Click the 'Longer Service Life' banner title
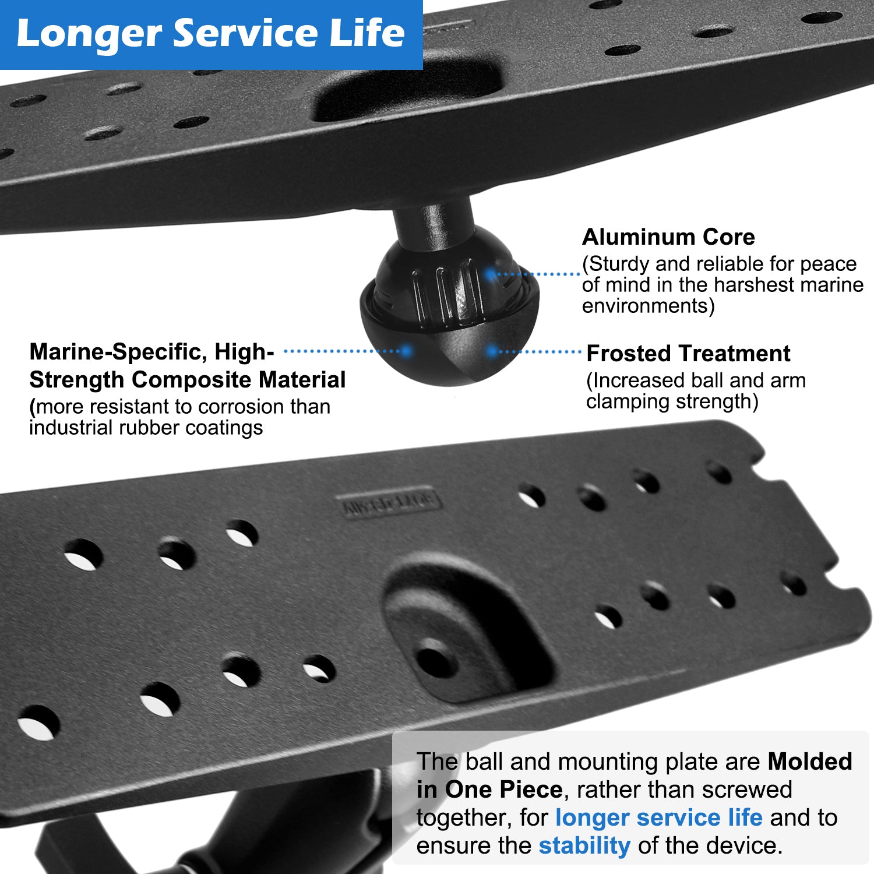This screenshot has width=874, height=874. pyautogui.click(x=210, y=33)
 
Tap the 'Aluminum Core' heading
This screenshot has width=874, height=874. pyautogui.click(x=668, y=237)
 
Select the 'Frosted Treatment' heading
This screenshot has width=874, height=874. pyautogui.click(x=688, y=354)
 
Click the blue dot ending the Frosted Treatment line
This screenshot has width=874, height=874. pyautogui.click(x=492, y=351)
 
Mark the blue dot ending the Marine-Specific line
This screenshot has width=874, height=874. pyautogui.click(x=406, y=351)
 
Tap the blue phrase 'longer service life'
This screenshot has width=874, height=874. pyautogui.click(x=658, y=817)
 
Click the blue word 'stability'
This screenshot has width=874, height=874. pyautogui.click(x=584, y=845)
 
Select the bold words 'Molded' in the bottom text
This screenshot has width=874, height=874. pyautogui.click(x=810, y=762)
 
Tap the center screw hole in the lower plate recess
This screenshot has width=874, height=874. pyautogui.click(x=436, y=661)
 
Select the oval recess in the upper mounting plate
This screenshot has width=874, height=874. pyautogui.click(x=408, y=93)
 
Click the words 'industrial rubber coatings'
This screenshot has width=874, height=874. pyautogui.click(x=146, y=428)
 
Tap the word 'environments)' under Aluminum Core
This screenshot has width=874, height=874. pyautogui.click(x=648, y=306)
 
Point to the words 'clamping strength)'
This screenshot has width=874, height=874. pyautogui.click(x=672, y=401)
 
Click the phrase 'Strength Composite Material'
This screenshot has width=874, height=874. pyautogui.click(x=187, y=380)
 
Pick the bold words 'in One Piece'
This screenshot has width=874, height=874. pyautogui.click(x=489, y=790)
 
